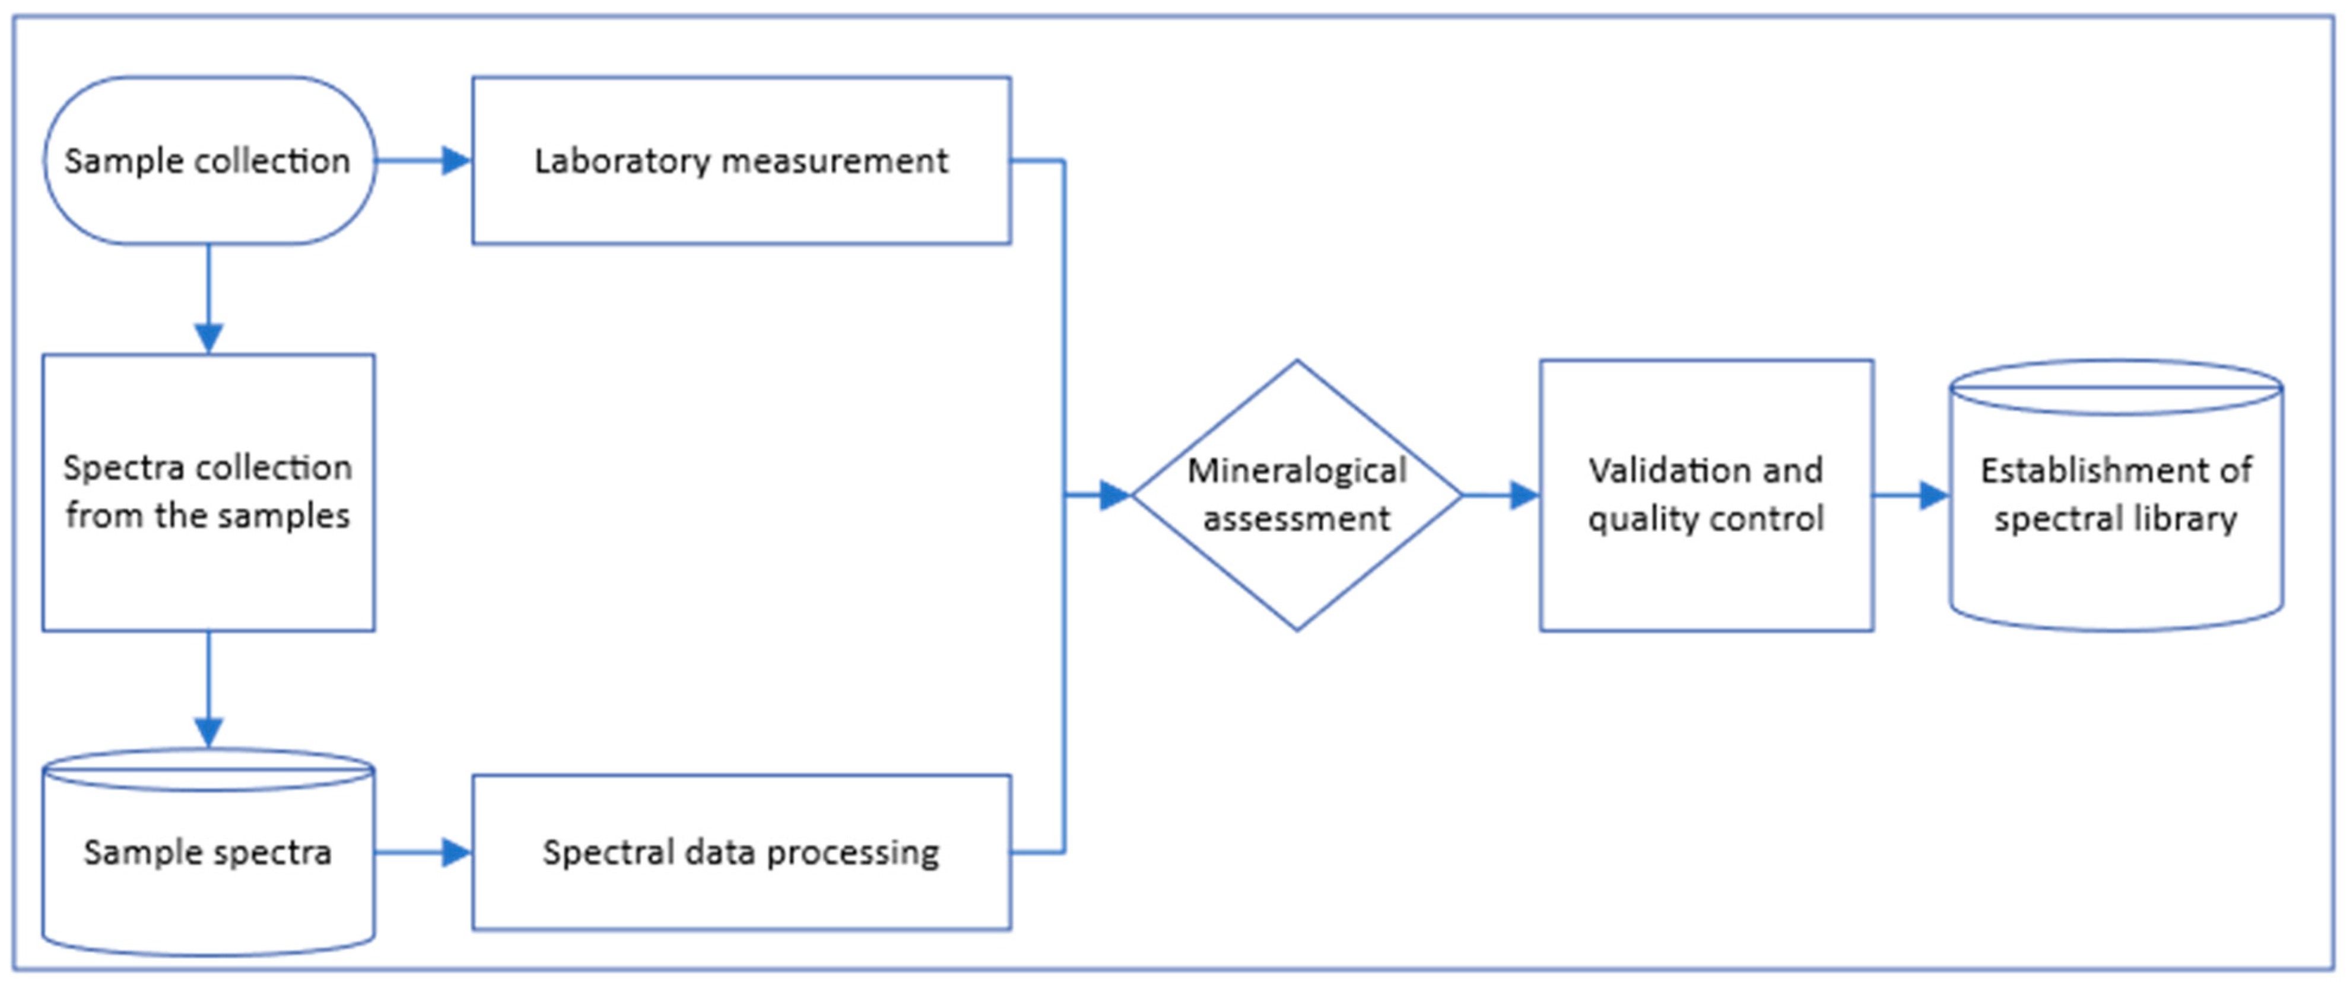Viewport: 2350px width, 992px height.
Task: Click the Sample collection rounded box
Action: pos(209,161)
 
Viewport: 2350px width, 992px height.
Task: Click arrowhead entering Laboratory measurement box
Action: pos(456,161)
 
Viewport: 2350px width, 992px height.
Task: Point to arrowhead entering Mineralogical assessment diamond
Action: pos(1115,495)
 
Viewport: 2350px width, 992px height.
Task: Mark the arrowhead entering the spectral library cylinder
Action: pos(1934,495)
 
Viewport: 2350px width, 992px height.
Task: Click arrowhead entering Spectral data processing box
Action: pos(456,853)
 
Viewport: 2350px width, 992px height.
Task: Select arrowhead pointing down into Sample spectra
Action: pos(209,731)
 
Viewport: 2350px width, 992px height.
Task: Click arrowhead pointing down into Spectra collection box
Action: pos(209,337)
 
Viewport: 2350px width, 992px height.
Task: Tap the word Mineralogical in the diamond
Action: pos(1296,470)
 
